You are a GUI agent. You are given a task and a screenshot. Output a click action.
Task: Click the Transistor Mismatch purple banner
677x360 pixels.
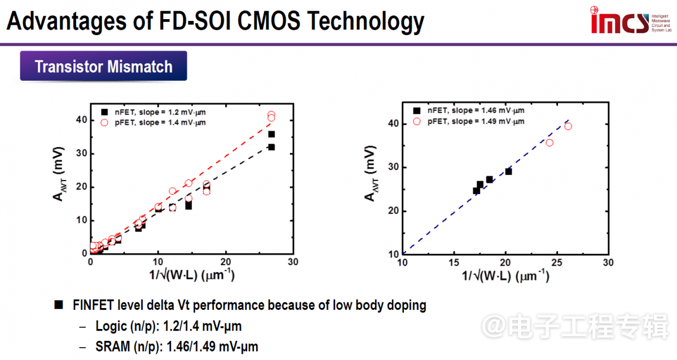click(104, 67)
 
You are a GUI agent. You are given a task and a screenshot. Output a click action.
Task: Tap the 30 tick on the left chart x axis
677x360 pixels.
click(292, 263)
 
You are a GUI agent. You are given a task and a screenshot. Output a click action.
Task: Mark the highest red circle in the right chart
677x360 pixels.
click(568, 126)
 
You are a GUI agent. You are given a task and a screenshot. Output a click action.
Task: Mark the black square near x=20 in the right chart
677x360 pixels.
click(508, 171)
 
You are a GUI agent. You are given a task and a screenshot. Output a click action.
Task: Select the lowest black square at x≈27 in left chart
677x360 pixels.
click(271, 147)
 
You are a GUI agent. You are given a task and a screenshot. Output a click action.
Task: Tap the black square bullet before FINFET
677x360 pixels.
click(58, 305)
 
